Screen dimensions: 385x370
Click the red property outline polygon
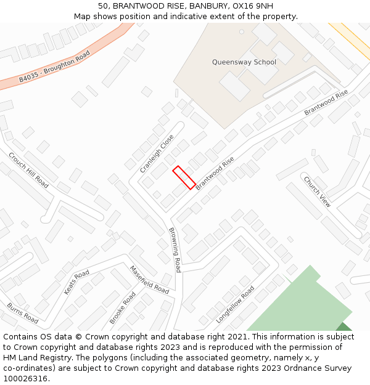[x=184, y=177]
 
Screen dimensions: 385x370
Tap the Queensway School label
[x=244, y=62]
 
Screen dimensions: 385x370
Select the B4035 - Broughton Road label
[x=54, y=67]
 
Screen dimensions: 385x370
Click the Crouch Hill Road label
[x=28, y=170]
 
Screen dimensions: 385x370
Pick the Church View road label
[x=317, y=192]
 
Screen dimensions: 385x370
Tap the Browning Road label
[x=175, y=249]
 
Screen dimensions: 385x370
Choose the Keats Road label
[x=76, y=282]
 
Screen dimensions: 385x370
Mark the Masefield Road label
[x=149, y=279]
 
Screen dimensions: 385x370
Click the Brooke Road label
[x=122, y=308]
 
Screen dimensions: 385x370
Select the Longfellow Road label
[x=235, y=304]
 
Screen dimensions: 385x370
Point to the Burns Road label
[x=23, y=313]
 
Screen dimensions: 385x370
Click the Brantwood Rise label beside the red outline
[x=215, y=172]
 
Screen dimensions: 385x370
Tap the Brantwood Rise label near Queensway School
[x=326, y=103]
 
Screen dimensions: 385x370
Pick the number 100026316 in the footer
[x=25, y=378]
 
